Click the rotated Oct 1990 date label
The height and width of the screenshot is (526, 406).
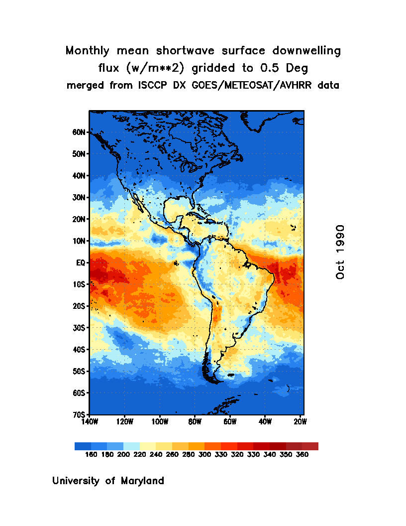[340, 252]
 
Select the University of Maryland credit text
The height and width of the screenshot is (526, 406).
[108, 481]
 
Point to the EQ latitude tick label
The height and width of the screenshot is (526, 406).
[82, 263]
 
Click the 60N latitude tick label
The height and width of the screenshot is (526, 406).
[80, 132]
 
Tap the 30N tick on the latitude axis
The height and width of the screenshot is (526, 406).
[80, 198]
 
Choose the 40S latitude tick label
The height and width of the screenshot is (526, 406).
[80, 350]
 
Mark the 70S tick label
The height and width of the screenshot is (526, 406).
[80, 414]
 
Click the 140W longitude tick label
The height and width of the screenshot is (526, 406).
[90, 422]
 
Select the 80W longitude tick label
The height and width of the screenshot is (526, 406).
[195, 422]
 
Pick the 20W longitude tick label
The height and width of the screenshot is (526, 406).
[300, 422]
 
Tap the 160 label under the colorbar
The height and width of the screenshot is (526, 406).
[91, 454]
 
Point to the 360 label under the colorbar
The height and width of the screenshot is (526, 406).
[302, 454]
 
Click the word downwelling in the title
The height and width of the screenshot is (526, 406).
[307, 51]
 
